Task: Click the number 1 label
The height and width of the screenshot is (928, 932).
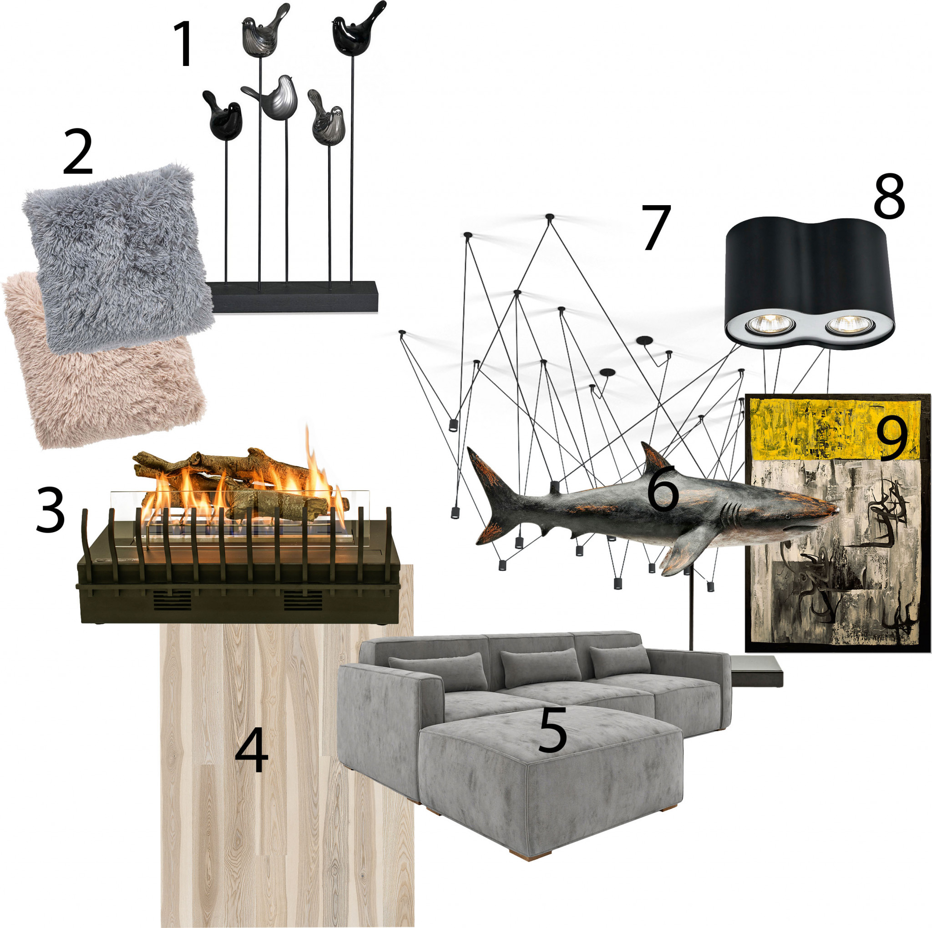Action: [184, 45]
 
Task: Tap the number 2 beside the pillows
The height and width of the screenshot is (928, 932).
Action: [78, 151]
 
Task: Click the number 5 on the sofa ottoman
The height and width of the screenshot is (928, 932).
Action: [553, 730]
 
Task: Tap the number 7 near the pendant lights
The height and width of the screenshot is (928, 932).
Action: [656, 228]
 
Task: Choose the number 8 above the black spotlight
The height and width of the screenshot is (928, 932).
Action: [889, 196]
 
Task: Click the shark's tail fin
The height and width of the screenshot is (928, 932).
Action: [490, 497]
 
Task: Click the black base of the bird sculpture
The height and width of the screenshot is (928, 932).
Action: [294, 296]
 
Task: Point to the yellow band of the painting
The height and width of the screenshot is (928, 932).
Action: [832, 429]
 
